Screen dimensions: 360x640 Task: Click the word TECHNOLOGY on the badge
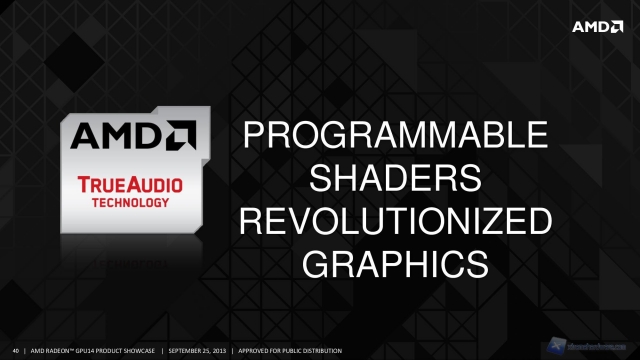pos(125,200)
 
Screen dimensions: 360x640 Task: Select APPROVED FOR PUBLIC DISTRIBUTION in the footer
pos(290,350)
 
